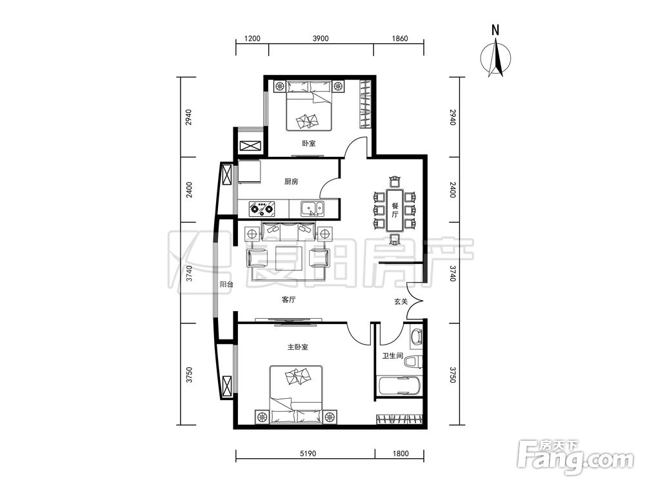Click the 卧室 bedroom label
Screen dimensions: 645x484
coord(308,144)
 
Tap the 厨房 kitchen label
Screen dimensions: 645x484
coord(292,181)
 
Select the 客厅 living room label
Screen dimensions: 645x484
coord(289,300)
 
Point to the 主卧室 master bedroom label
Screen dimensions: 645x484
coord(297,347)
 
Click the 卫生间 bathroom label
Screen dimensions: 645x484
coord(392,356)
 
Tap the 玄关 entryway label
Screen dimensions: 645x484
coord(401,301)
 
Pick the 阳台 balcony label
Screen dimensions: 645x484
coord(226,285)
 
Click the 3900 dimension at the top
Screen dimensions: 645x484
coord(321,39)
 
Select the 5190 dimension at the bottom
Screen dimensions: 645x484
coord(308,454)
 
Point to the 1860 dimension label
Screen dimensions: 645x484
coord(400,39)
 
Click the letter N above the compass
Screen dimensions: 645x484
coord(495,30)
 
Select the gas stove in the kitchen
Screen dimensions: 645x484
coord(262,208)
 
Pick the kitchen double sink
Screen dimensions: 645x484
coord(312,208)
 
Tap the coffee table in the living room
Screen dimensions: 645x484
coord(290,257)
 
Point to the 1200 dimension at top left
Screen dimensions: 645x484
coord(252,39)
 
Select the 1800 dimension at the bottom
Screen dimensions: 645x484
coord(401,454)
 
